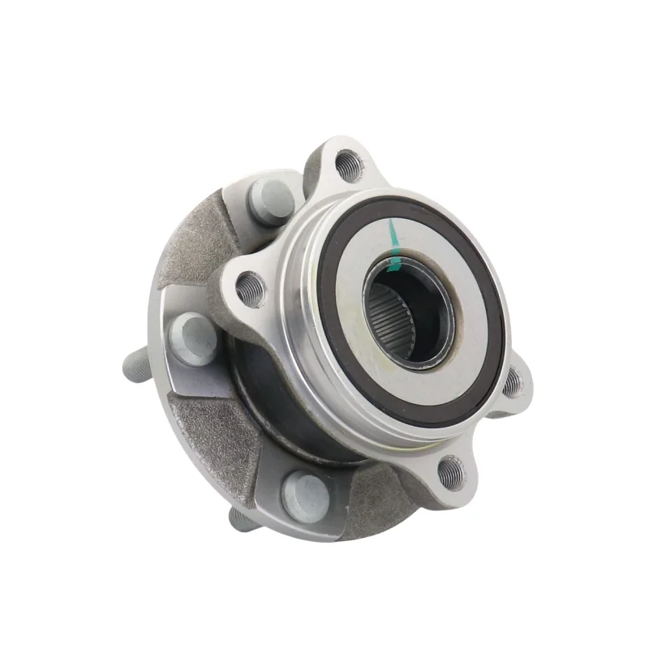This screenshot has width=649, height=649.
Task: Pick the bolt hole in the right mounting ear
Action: (513, 383)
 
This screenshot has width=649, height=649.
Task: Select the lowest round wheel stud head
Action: (306, 494)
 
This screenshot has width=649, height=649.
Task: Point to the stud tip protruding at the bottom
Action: (243, 517)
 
